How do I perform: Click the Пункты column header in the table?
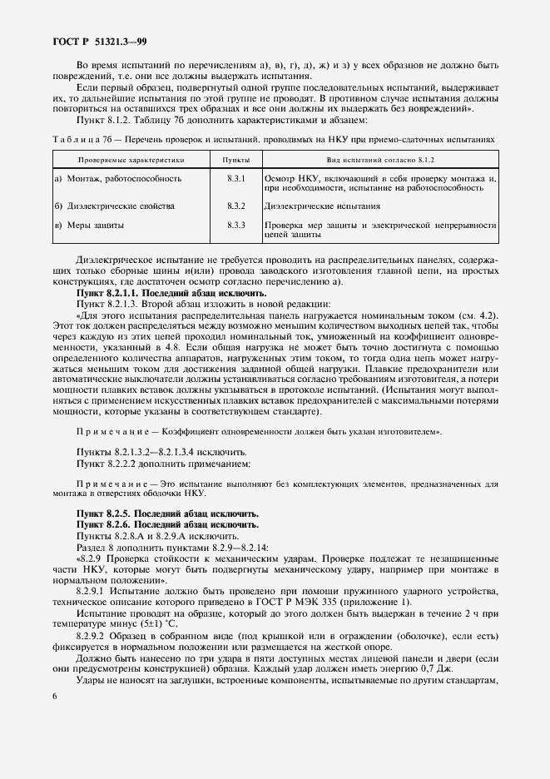235,158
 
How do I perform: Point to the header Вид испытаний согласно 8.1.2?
379,158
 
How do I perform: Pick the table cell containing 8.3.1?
235,178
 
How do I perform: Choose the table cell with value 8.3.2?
235,205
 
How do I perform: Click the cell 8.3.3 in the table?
235,225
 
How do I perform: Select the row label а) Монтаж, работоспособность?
117,178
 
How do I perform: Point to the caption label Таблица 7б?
82,139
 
